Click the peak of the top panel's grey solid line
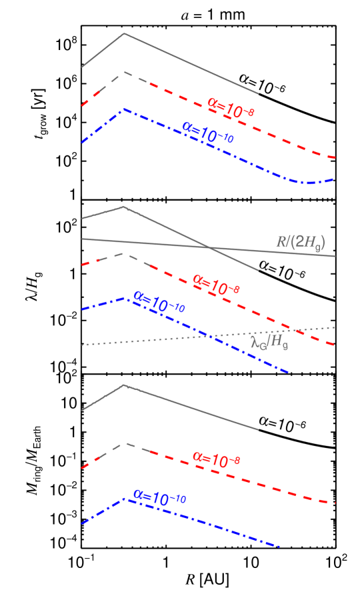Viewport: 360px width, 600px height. point(124,33)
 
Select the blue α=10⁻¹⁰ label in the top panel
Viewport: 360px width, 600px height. point(207,132)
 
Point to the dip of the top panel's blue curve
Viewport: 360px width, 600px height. point(308,183)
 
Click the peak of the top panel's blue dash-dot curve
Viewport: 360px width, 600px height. point(124,109)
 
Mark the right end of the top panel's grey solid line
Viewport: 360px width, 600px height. point(258,94)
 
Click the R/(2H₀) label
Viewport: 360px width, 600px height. point(300,243)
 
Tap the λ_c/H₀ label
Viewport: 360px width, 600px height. point(269,343)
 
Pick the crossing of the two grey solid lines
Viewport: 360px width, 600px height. point(211,248)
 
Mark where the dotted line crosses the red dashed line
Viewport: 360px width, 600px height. point(293,329)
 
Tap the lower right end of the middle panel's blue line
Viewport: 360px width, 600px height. point(288,372)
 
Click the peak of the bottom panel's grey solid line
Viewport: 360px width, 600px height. point(124,385)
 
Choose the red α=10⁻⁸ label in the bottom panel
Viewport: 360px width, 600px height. point(215,459)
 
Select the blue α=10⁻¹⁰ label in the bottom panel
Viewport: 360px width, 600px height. point(159,497)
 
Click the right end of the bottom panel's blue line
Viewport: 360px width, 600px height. point(279,547)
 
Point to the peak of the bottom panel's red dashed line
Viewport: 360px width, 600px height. point(125,443)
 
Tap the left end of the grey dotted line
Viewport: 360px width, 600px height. point(82,345)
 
